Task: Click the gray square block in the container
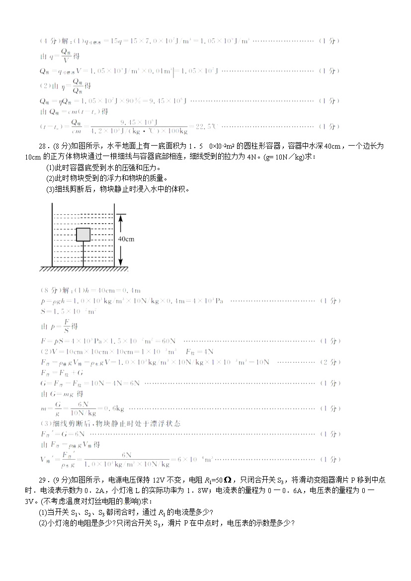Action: (x=83, y=235)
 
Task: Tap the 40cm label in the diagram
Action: (x=126, y=239)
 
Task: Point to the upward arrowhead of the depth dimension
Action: (x=120, y=217)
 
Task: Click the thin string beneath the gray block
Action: (x=83, y=254)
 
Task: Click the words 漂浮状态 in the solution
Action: (x=164, y=423)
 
